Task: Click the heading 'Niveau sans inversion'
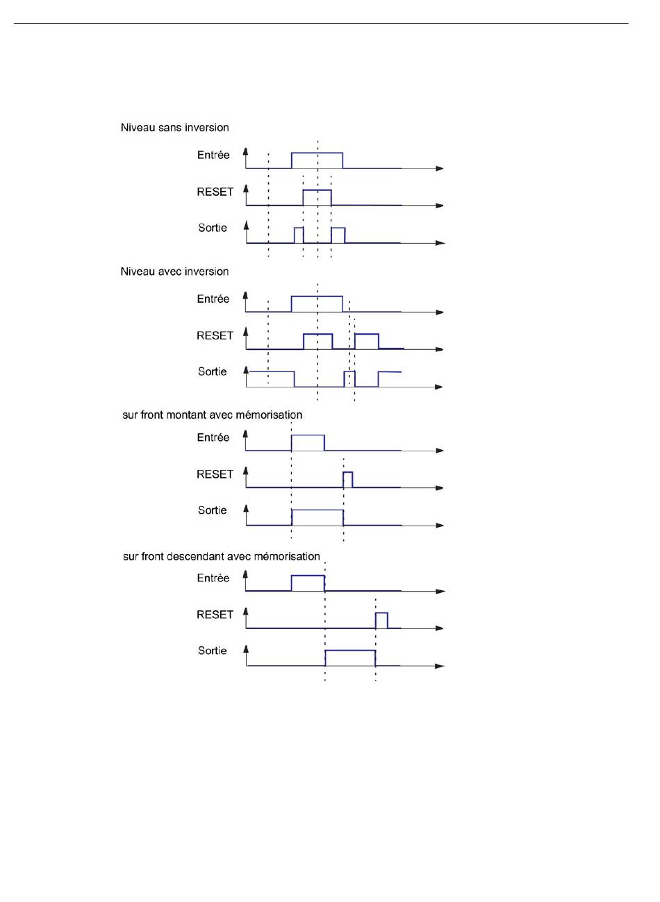[175, 128]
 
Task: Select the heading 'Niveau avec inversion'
[174, 272]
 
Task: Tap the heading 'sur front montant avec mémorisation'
[213, 415]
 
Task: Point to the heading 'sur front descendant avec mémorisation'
[221, 556]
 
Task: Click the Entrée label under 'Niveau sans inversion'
[213, 155]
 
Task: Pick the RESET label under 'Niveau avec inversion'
[215, 335]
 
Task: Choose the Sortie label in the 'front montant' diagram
[213, 510]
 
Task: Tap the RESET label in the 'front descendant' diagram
[215, 615]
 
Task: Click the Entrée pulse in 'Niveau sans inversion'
[317, 153]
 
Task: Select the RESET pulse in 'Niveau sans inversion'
[317, 190]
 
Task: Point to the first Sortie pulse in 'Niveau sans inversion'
[299, 228]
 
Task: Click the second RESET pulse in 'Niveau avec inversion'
[367, 334]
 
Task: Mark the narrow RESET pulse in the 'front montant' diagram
[348, 472]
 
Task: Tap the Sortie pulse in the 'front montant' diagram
[317, 510]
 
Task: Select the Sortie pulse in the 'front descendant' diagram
[350, 651]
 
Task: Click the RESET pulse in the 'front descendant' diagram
[381, 613]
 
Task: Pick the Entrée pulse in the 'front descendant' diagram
[308, 576]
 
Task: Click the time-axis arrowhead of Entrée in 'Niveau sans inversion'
[440, 168]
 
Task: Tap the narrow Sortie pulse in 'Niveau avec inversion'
[349, 371]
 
